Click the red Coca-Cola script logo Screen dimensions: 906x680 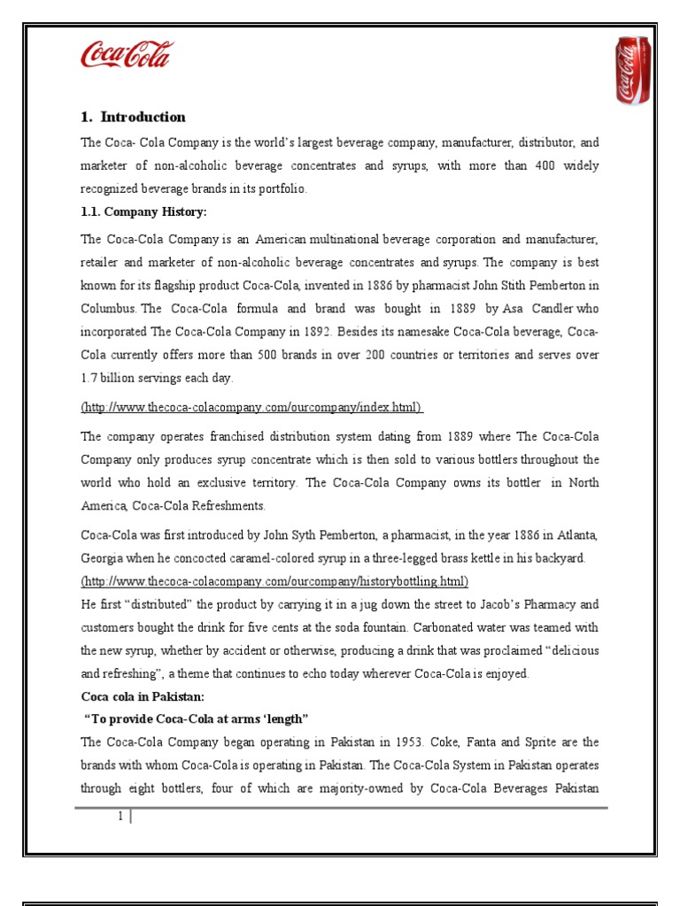pos(127,55)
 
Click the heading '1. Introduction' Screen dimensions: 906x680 pos(133,117)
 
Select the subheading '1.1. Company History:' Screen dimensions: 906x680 pos(143,212)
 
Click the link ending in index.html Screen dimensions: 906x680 pos(251,407)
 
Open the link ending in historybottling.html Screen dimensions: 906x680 pos(274,581)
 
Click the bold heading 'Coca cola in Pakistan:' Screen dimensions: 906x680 pos(143,696)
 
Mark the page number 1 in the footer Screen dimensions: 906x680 pos(120,817)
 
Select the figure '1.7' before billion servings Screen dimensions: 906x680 pos(90,378)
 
